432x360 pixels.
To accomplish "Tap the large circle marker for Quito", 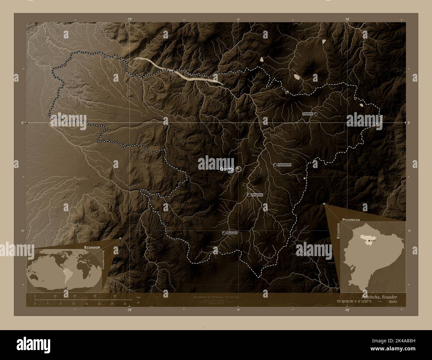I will click(x=239, y=169).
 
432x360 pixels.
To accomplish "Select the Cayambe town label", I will click(x=307, y=114).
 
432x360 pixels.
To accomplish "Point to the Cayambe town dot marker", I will click(x=316, y=114).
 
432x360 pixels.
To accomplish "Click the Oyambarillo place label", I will click(x=284, y=165).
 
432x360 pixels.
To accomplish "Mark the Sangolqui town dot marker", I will click(x=249, y=195).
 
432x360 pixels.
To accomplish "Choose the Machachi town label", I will click(x=232, y=233).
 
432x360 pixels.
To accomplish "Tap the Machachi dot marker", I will click(x=224, y=233).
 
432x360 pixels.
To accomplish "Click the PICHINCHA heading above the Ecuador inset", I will click(x=351, y=220).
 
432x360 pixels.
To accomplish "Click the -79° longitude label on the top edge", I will click(x=130, y=19).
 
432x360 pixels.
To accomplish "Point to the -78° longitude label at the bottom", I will click(x=347, y=310).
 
